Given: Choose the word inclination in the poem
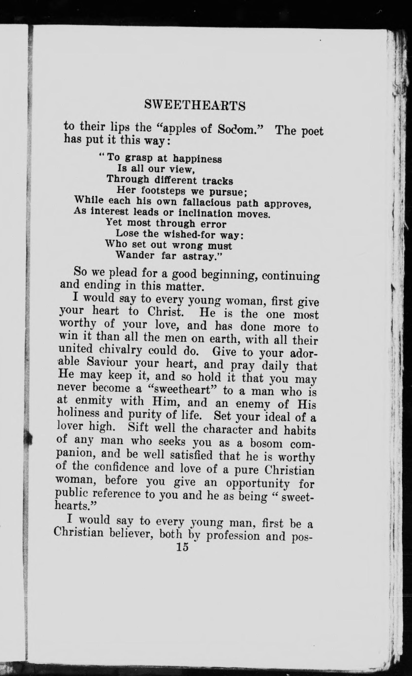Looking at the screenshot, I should tap(205, 213).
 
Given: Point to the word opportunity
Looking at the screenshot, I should tap(258, 484).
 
